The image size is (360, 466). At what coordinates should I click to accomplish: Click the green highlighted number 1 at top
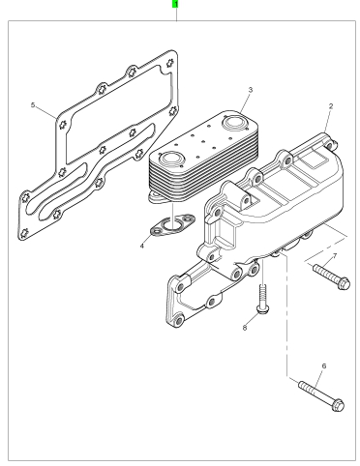[x=175, y=4]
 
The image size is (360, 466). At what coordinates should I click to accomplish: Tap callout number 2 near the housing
[x=331, y=106]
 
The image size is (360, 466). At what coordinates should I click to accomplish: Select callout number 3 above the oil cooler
[x=251, y=90]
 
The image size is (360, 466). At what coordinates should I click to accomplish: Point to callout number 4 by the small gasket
[x=142, y=247]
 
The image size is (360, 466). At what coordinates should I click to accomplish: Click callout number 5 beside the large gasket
[x=33, y=105]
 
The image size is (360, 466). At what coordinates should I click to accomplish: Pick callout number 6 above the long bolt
[x=324, y=366]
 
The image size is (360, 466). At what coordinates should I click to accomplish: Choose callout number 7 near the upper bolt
[x=335, y=256]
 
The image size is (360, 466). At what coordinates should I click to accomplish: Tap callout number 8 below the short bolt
[x=245, y=328]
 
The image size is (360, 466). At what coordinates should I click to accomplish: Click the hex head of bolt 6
[x=338, y=405]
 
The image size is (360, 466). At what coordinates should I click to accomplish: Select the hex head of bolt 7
[x=345, y=283]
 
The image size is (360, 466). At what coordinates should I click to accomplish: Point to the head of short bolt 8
[x=263, y=309]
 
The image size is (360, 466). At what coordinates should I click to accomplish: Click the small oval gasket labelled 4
[x=173, y=225]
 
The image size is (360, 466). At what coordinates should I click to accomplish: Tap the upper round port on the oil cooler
[x=234, y=123]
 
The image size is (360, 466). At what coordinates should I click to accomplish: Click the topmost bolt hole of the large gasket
[x=170, y=63]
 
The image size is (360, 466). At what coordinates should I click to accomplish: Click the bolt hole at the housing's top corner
[x=329, y=145]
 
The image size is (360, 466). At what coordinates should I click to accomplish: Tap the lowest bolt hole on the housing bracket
[x=178, y=321]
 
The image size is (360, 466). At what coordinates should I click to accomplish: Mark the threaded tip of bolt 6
[x=302, y=385]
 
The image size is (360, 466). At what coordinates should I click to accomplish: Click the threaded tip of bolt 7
[x=316, y=267]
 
